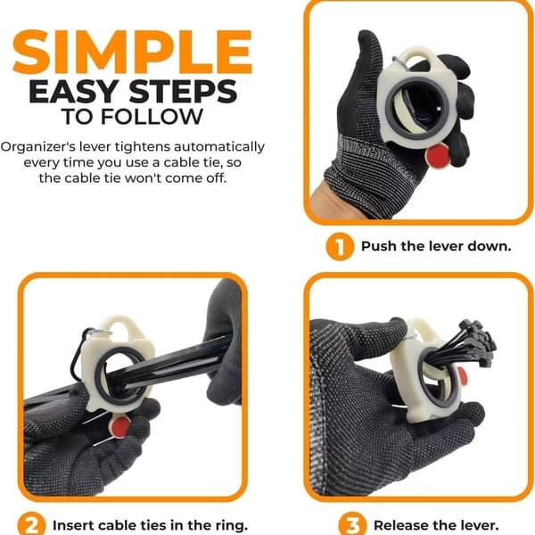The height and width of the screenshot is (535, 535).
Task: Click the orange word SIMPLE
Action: point(132,52)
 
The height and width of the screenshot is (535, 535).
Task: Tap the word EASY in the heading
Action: point(74,92)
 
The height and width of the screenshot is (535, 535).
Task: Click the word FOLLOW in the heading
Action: point(152,117)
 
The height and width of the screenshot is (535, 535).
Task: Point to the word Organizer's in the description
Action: point(37,147)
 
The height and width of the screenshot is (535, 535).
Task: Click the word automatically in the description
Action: point(219,147)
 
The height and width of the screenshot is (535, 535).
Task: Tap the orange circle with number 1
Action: point(340,246)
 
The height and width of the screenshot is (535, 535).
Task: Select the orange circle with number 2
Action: point(31,524)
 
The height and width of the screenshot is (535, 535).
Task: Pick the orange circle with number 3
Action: point(352,524)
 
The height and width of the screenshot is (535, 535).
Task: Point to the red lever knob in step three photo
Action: point(462,374)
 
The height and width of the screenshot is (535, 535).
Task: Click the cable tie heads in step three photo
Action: point(478,341)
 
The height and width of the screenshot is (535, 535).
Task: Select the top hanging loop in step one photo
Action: point(418,55)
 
